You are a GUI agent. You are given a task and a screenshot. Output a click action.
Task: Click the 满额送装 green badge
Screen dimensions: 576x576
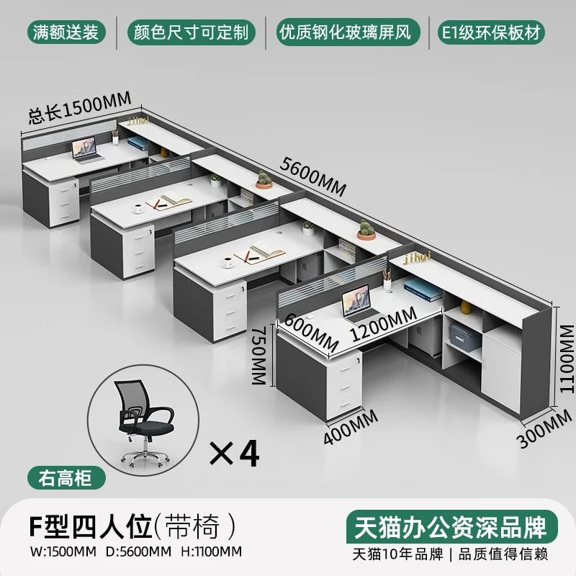[x=66, y=32]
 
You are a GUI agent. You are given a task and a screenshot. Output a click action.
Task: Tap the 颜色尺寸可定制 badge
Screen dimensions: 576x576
[x=191, y=32]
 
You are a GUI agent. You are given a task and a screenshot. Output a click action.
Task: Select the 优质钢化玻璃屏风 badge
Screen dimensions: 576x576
[x=348, y=32]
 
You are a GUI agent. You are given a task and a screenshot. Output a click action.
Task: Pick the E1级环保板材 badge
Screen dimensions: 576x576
[x=492, y=32]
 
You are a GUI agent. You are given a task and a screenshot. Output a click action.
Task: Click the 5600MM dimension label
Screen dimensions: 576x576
[x=312, y=177]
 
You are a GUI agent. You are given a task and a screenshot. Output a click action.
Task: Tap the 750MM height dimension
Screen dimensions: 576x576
[x=259, y=355]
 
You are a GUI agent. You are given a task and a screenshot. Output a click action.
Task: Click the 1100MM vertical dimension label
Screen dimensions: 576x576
[x=567, y=359]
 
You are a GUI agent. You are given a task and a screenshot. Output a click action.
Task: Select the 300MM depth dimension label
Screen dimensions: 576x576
[x=544, y=428]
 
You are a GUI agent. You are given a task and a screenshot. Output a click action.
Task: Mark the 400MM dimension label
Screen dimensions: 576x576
[x=351, y=427]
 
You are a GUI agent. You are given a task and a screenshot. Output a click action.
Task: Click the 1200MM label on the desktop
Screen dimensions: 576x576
[x=384, y=323]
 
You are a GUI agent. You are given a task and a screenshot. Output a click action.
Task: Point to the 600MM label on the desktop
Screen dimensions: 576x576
[x=311, y=333]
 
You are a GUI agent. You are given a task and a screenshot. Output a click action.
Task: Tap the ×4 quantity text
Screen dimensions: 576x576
[x=235, y=454]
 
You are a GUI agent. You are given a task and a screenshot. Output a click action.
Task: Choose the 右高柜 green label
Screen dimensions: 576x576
[x=66, y=478]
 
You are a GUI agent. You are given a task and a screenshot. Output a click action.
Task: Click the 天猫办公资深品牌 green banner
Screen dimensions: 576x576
[x=452, y=527]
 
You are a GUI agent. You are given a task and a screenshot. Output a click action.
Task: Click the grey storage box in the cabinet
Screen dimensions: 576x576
[x=464, y=338]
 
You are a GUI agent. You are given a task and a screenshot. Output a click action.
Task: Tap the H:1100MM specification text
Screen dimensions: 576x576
[x=212, y=552]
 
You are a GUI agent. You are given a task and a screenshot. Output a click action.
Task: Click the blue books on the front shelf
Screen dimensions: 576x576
[x=423, y=289]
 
